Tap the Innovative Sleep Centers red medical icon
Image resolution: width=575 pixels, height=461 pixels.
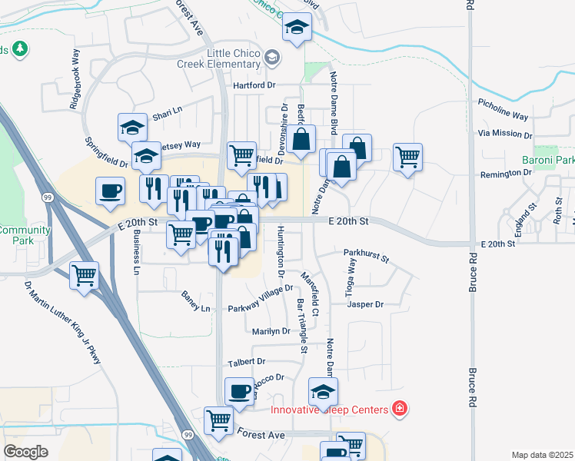(x=399, y=408)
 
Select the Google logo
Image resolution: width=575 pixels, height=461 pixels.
(x=25, y=451)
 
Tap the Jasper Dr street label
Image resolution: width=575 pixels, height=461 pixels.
(x=365, y=304)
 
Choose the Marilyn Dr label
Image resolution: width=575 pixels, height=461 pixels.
(x=271, y=331)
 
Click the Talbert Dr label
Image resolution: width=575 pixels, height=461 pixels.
(x=246, y=361)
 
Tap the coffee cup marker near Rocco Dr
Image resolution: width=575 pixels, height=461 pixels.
(x=240, y=390)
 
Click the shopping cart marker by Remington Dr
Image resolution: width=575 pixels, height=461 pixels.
(x=407, y=157)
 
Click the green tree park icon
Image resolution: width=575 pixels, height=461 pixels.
(x=19, y=50)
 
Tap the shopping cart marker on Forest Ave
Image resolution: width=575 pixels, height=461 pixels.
(x=219, y=421)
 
